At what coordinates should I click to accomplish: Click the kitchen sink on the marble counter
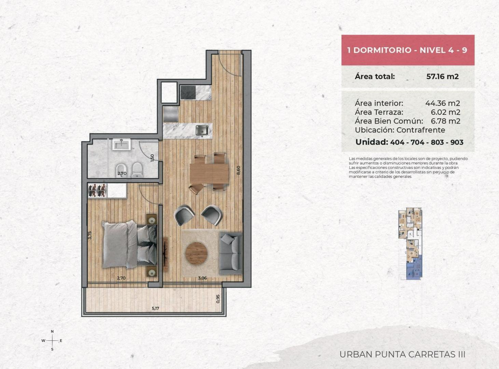202,131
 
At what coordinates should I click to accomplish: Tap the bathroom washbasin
121,144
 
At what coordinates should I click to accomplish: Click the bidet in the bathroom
122,170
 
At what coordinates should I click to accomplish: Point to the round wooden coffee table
196,253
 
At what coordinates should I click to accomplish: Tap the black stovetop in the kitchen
188,93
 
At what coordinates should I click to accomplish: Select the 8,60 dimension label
238,170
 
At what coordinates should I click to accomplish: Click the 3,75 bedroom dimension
90,235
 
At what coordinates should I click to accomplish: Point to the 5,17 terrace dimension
155,308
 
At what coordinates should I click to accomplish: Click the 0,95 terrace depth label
218,299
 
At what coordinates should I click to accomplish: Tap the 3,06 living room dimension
202,278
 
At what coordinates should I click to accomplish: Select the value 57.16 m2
442,77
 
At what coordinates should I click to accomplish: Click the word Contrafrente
421,130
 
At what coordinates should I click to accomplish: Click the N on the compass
52,331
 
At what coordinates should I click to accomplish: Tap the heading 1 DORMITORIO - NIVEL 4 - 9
407,50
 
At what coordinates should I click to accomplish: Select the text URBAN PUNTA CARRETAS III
402,354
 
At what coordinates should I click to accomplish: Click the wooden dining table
209,173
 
